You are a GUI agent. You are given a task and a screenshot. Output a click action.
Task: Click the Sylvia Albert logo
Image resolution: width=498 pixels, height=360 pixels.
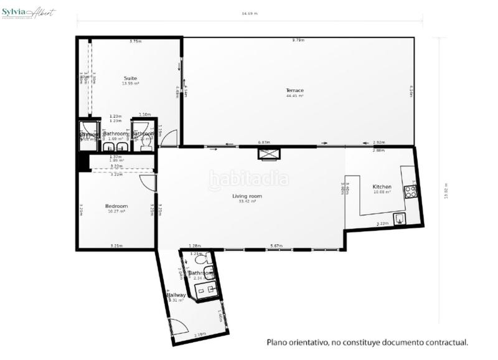click(29, 13)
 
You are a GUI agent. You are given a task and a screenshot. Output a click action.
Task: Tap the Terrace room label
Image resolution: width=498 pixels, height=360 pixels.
click(294, 90)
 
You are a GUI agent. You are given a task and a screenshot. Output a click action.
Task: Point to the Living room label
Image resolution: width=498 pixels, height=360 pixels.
click(247, 196)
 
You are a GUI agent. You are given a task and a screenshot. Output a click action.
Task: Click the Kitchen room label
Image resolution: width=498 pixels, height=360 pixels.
click(382, 187)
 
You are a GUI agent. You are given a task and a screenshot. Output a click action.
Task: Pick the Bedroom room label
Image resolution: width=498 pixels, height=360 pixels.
click(116, 206)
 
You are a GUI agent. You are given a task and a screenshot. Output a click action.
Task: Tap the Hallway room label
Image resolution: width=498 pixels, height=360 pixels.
click(176, 295)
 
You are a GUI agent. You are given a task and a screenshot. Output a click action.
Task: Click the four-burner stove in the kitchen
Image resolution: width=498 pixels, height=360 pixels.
click(411, 191)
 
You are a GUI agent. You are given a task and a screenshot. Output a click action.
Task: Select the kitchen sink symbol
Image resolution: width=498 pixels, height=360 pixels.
click(399, 218)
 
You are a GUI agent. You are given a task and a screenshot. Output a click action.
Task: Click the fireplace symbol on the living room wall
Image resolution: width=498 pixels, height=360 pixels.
click(270, 153)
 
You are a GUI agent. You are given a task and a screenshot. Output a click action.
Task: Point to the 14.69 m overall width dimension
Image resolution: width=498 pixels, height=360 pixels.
click(249, 13)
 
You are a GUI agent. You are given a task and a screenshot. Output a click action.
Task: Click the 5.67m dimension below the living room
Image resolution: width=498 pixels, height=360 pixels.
click(276, 246)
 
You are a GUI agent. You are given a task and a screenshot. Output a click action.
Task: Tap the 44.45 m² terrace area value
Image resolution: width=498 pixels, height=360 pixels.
click(294, 96)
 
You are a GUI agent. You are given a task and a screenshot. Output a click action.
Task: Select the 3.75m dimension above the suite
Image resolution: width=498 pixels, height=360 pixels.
click(135, 41)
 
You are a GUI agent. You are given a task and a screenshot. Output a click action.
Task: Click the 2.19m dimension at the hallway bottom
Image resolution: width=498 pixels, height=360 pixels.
click(200, 335)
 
